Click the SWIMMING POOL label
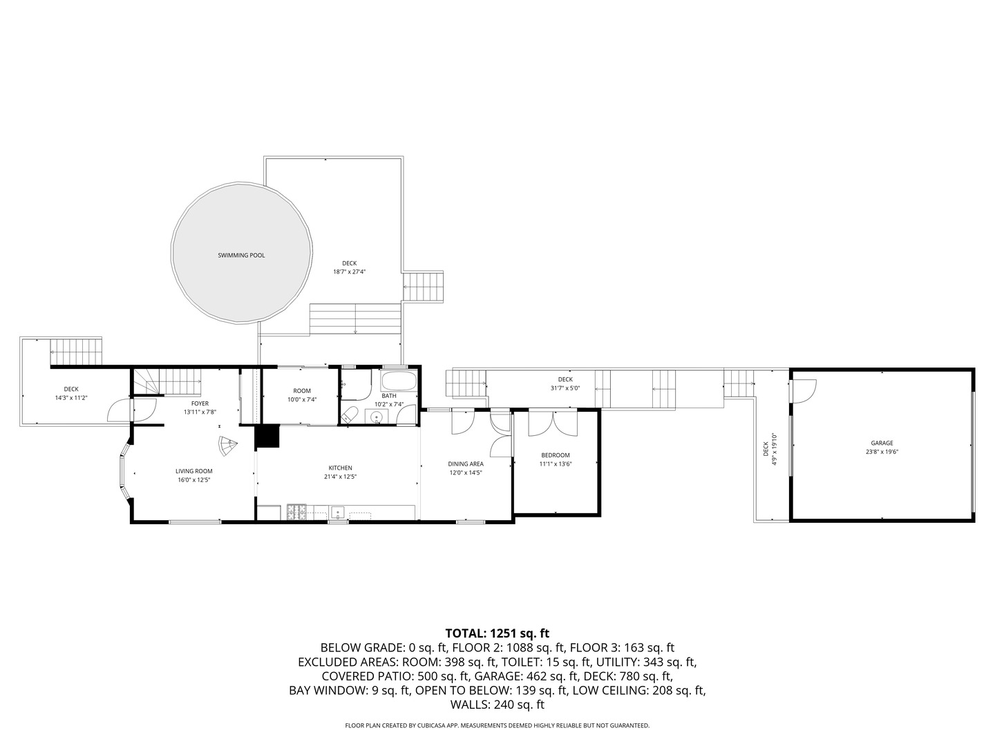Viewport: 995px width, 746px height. point(241,256)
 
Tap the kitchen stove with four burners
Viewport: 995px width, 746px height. point(297,512)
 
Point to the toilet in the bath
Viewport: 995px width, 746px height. point(350,415)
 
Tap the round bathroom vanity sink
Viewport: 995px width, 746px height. point(377,417)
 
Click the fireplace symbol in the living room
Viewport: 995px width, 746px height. point(227,446)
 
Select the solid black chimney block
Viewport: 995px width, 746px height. point(266,437)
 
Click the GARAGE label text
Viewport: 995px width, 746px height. point(882,443)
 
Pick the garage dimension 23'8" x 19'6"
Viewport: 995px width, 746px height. point(882,452)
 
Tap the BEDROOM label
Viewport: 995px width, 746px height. point(555,455)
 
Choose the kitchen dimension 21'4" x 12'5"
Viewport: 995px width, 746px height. point(340,477)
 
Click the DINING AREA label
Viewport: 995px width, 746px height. point(466,464)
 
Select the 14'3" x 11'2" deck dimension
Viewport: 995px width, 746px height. point(71,398)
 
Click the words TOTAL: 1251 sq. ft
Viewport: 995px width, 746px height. point(497,633)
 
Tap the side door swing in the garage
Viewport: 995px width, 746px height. point(803,392)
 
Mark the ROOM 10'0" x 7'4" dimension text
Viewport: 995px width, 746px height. point(302,399)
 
